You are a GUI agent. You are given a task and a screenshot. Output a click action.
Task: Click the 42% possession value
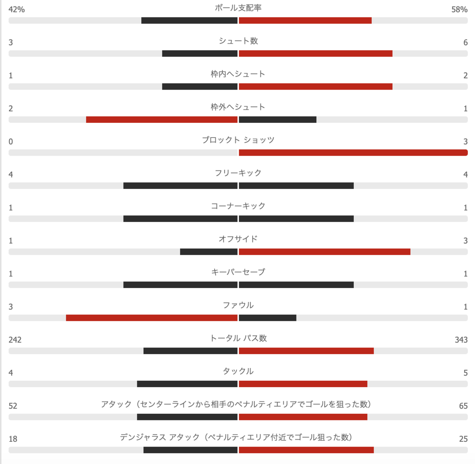[17, 9]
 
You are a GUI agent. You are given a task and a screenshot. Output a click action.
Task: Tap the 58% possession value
[459, 9]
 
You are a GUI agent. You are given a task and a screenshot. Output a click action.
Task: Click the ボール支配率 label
[238, 8]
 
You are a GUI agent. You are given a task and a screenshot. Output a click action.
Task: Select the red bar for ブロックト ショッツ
[353, 153]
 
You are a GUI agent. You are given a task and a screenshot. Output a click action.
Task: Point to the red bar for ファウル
[152, 318]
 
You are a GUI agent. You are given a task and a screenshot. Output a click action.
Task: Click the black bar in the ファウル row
[268, 318]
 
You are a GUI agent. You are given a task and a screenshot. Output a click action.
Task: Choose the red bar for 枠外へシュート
[161, 120]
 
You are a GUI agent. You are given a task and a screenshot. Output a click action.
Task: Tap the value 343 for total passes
[461, 340]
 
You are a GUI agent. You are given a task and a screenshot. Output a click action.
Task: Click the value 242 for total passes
[15, 340]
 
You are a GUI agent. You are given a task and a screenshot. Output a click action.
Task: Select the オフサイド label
[238, 239]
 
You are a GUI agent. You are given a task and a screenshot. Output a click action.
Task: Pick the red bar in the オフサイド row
[325, 252]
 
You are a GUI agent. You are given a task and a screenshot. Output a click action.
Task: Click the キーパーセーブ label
[238, 272]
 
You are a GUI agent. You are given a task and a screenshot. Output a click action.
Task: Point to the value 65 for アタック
[463, 406]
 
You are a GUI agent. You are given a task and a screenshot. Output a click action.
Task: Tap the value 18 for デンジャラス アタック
[13, 439]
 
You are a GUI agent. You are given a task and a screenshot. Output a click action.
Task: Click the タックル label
[238, 371]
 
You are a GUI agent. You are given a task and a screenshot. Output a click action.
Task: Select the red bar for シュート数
[315, 53]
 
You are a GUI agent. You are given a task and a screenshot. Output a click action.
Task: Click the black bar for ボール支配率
[189, 21]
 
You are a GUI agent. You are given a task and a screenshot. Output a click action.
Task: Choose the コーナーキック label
[238, 206]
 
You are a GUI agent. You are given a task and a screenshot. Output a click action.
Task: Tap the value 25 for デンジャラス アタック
[463, 439]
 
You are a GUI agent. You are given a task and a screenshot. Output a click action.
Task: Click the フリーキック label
[238, 173]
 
